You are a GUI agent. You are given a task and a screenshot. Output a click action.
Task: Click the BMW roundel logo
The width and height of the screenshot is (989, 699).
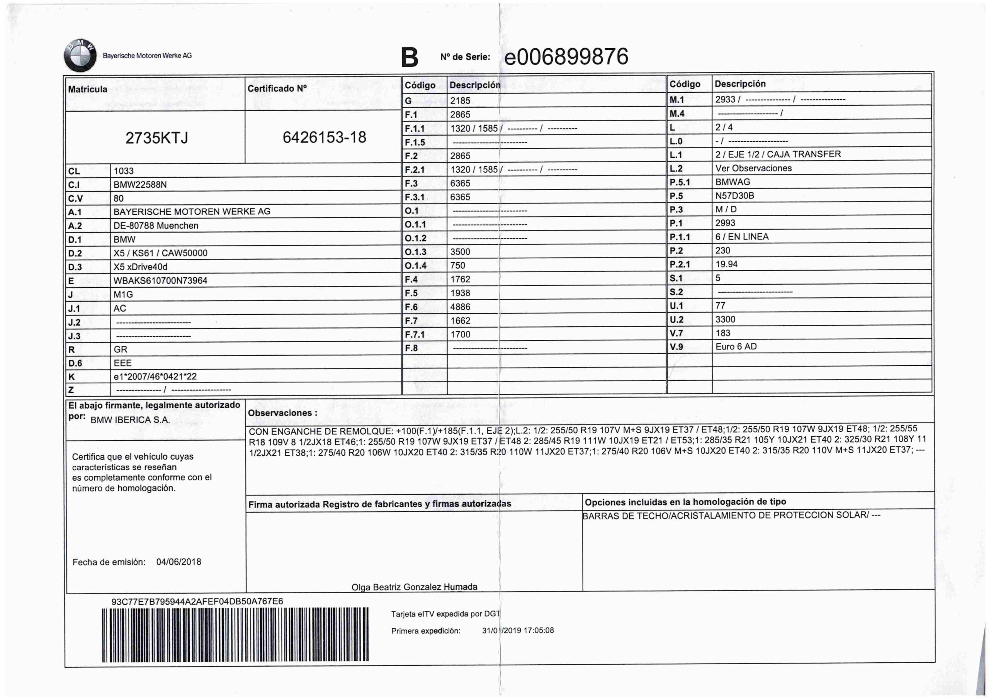point(80,56)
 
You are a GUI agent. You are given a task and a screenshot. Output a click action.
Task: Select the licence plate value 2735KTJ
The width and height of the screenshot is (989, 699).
point(157,138)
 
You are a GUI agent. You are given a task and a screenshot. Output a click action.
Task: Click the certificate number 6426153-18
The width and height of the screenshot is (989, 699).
point(325,137)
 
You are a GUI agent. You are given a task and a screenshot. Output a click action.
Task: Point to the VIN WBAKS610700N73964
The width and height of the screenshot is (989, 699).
point(160,281)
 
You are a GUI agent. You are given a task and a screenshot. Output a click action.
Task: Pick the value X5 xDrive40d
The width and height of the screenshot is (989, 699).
point(140,267)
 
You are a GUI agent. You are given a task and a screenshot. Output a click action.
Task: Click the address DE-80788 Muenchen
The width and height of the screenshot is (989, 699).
point(156,226)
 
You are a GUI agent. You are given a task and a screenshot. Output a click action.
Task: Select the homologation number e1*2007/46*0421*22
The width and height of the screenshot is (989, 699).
point(155,377)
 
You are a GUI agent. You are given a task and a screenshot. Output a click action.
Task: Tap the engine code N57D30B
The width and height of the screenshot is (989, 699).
point(734,195)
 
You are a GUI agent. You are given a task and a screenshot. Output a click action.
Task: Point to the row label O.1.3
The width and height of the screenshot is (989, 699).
point(415,252)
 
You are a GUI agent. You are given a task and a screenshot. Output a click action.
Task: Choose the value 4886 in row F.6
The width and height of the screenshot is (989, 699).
point(460,307)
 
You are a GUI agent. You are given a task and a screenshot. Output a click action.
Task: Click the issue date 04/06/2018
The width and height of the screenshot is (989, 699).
point(179,562)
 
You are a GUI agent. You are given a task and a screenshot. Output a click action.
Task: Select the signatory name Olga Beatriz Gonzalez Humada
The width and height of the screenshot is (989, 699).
point(415,587)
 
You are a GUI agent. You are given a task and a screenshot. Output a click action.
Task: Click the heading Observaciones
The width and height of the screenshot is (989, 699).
point(282,413)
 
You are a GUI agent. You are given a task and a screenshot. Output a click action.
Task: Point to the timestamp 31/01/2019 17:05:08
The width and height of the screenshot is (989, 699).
point(518,631)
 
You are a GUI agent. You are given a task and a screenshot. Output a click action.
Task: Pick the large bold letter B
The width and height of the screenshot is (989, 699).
point(409,58)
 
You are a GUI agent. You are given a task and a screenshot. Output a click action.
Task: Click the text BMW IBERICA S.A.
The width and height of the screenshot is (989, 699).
point(130,420)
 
